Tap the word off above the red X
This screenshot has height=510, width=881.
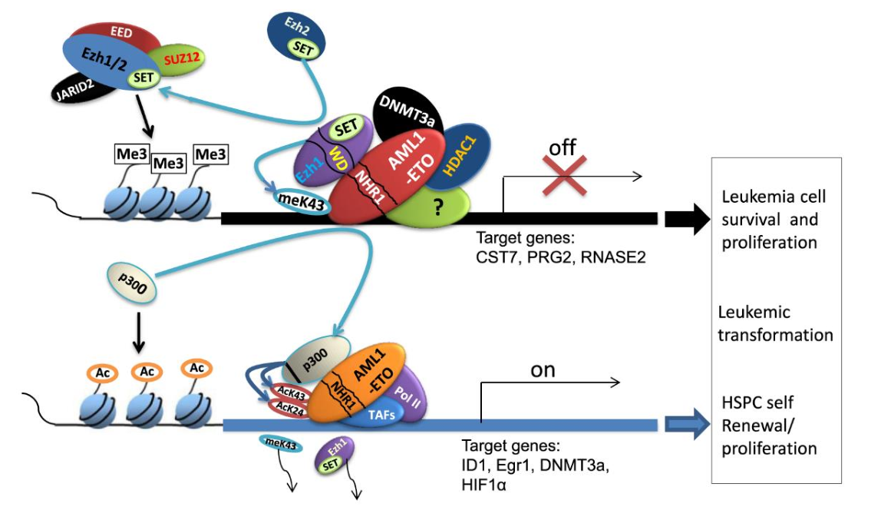(x=563, y=147)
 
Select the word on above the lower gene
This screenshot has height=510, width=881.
(x=543, y=371)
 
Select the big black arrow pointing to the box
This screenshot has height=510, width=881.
(x=686, y=218)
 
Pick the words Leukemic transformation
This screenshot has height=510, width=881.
(x=775, y=323)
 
